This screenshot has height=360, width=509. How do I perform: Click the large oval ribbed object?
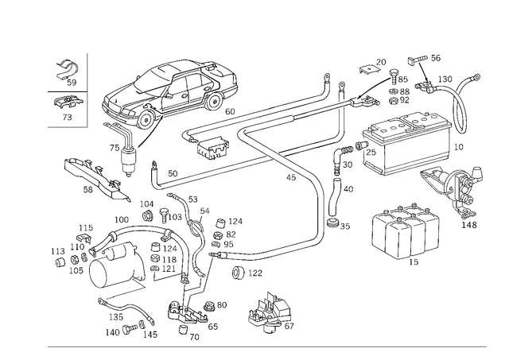(171, 97)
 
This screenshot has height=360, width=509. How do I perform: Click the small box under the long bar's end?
(213, 145)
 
